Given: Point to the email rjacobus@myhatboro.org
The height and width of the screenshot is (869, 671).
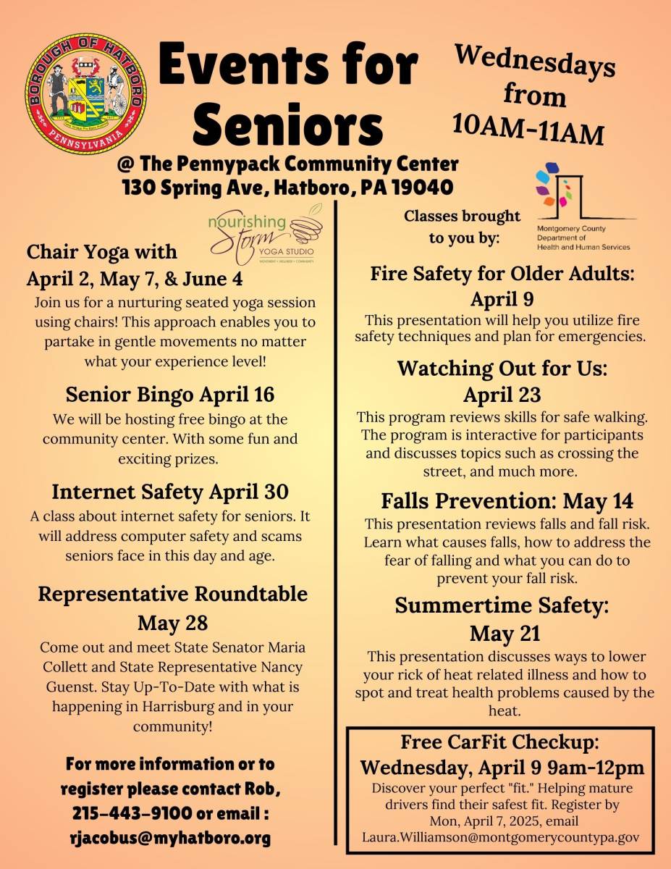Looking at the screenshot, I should coord(168,839).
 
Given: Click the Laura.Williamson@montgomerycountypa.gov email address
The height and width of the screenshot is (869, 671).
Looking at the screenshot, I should coord(501,836).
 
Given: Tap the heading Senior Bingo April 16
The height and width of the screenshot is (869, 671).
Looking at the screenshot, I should coord(170,395).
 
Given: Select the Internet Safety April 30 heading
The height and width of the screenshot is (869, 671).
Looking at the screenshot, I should coord(170,492).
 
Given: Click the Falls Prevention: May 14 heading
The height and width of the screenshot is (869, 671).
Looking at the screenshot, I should coord(507,500).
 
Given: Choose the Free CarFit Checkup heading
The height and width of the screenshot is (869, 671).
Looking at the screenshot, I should coord(500,742).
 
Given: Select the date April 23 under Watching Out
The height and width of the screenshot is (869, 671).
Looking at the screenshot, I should coord(502,395).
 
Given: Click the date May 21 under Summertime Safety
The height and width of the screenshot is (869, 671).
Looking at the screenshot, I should coord(505,634).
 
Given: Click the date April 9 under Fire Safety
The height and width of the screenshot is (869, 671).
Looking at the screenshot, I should coord(502,298).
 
